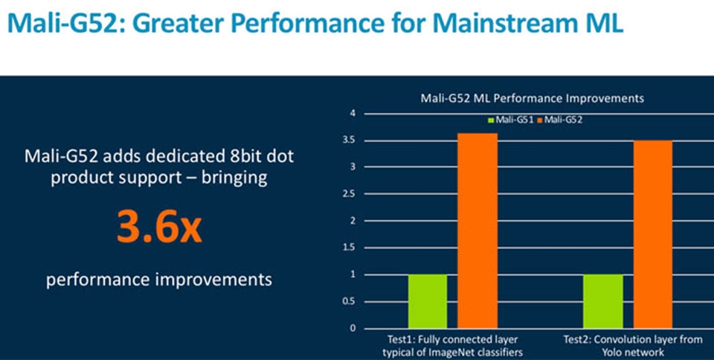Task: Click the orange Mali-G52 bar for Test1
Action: click(477, 231)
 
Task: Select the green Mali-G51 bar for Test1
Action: click(427, 301)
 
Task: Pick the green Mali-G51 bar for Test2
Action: click(602, 301)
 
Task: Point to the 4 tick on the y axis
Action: click(354, 113)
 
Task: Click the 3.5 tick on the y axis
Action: click(350, 140)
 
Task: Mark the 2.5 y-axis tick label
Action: click(350, 194)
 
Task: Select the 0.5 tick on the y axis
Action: click(350, 301)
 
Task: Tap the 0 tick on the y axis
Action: click(354, 328)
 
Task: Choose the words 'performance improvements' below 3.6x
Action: click(158, 280)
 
